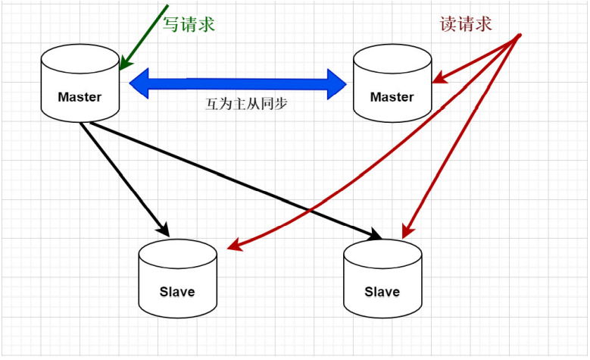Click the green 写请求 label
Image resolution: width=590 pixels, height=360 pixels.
point(189,24)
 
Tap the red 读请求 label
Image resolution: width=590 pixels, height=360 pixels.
point(466,24)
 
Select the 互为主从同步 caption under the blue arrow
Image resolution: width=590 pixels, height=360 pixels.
point(246,104)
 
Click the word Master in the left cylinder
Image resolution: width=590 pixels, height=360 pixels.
point(80,97)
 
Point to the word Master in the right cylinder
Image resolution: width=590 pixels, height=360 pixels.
point(392,97)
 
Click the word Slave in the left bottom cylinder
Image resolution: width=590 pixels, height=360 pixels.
point(177,292)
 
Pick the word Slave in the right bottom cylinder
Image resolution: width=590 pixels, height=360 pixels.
point(382,292)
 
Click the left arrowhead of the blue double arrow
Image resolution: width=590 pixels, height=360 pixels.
point(139,83)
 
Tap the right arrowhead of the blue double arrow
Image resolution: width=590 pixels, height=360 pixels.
point(337,84)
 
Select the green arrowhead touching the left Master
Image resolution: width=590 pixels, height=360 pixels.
point(126,64)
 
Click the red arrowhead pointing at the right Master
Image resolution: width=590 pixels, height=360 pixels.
point(439,78)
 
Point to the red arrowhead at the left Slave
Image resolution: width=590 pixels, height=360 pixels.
point(235,245)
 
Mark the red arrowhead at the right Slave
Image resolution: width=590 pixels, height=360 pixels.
point(407,231)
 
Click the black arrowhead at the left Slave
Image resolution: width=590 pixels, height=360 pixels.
point(164,230)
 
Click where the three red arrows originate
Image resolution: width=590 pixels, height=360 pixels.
point(520,36)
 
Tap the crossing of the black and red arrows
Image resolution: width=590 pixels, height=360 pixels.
point(311,210)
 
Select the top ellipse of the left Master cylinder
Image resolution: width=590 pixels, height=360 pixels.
point(80,59)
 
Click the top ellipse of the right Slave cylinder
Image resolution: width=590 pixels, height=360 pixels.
point(382,254)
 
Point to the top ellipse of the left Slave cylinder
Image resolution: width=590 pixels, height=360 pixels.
point(177,254)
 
